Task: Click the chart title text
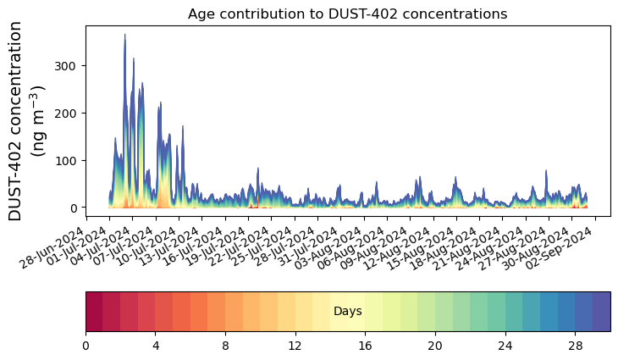(347, 14)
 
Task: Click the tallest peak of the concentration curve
(125, 36)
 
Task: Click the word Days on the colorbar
(347, 312)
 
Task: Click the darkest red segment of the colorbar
(94, 311)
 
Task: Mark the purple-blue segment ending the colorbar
(602, 311)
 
